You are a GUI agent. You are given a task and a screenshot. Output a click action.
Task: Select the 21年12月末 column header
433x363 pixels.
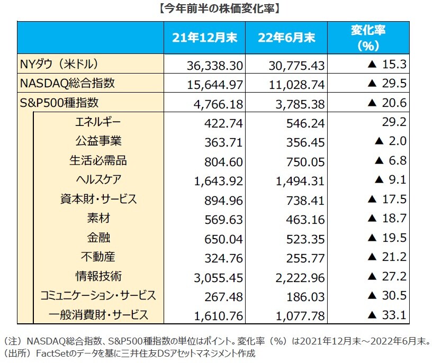pyautogui.click(x=205, y=38)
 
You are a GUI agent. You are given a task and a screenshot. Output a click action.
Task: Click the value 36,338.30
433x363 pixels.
pyautogui.click(x=215, y=66)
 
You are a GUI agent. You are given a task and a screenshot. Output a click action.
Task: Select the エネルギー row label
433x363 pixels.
pyautogui.click(x=99, y=123)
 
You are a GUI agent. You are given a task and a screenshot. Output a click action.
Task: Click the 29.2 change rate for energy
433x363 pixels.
pyautogui.click(x=396, y=123)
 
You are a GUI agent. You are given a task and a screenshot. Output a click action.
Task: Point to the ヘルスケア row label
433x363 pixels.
pyautogui.click(x=99, y=180)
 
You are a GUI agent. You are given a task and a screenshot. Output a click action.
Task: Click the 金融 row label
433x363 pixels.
pyautogui.click(x=99, y=238)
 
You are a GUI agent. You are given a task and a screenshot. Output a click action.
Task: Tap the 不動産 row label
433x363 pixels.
pyautogui.click(x=99, y=257)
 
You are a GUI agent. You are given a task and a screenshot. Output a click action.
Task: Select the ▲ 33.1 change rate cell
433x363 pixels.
pyautogui.click(x=386, y=316)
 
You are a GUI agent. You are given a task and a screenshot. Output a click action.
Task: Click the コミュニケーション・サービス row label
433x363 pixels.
pyautogui.click(x=99, y=295)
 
